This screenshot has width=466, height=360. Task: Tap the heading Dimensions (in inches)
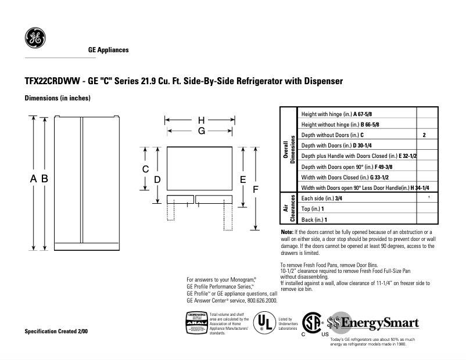[x=57, y=98]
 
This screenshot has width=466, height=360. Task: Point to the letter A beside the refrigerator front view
[x=34, y=179]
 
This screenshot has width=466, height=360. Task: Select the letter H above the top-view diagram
[x=201, y=120]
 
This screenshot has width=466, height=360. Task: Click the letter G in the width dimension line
[x=201, y=131]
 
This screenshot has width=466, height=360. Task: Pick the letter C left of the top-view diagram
[x=146, y=169]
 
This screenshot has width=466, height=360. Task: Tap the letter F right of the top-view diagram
[x=255, y=189]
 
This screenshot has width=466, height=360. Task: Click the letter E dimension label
[x=243, y=179]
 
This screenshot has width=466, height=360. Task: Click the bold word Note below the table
[x=287, y=232]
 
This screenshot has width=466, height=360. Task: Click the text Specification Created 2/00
[x=56, y=331]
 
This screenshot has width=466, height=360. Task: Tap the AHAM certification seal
[x=196, y=322]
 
